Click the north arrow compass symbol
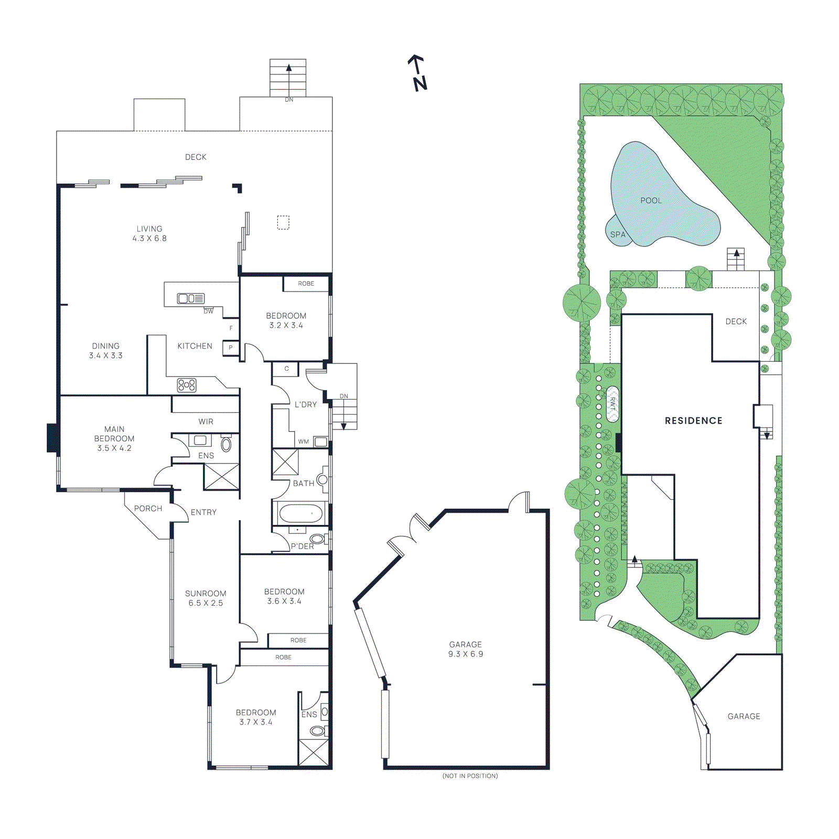click(418, 73)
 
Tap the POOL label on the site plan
click(651, 200)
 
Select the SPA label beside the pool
click(618, 234)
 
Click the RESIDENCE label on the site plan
click(693, 421)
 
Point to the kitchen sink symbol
click(191, 298)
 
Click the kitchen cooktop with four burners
click(187, 385)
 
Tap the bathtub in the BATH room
click(300, 513)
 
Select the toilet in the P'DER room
click(317, 539)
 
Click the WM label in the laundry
click(304, 442)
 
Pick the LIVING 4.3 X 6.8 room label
click(149, 233)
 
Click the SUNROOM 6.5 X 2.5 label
click(206, 598)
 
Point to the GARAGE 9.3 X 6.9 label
click(466, 649)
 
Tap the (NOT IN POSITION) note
click(470, 776)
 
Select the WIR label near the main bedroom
click(206, 422)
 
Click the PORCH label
click(148, 509)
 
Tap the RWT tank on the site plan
click(612, 404)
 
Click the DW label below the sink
click(209, 311)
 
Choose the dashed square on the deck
click(283, 222)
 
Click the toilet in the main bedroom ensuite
click(226, 445)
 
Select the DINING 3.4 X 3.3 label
click(106, 351)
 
